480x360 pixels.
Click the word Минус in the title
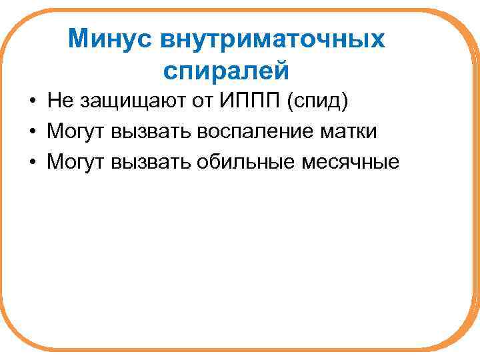109,39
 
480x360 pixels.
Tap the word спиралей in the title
225,69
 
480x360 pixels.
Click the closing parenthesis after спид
344,102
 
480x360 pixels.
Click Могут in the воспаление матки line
76,131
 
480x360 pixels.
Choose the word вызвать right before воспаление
150,131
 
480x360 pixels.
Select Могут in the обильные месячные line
76,162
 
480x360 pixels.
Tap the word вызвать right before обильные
150,162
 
